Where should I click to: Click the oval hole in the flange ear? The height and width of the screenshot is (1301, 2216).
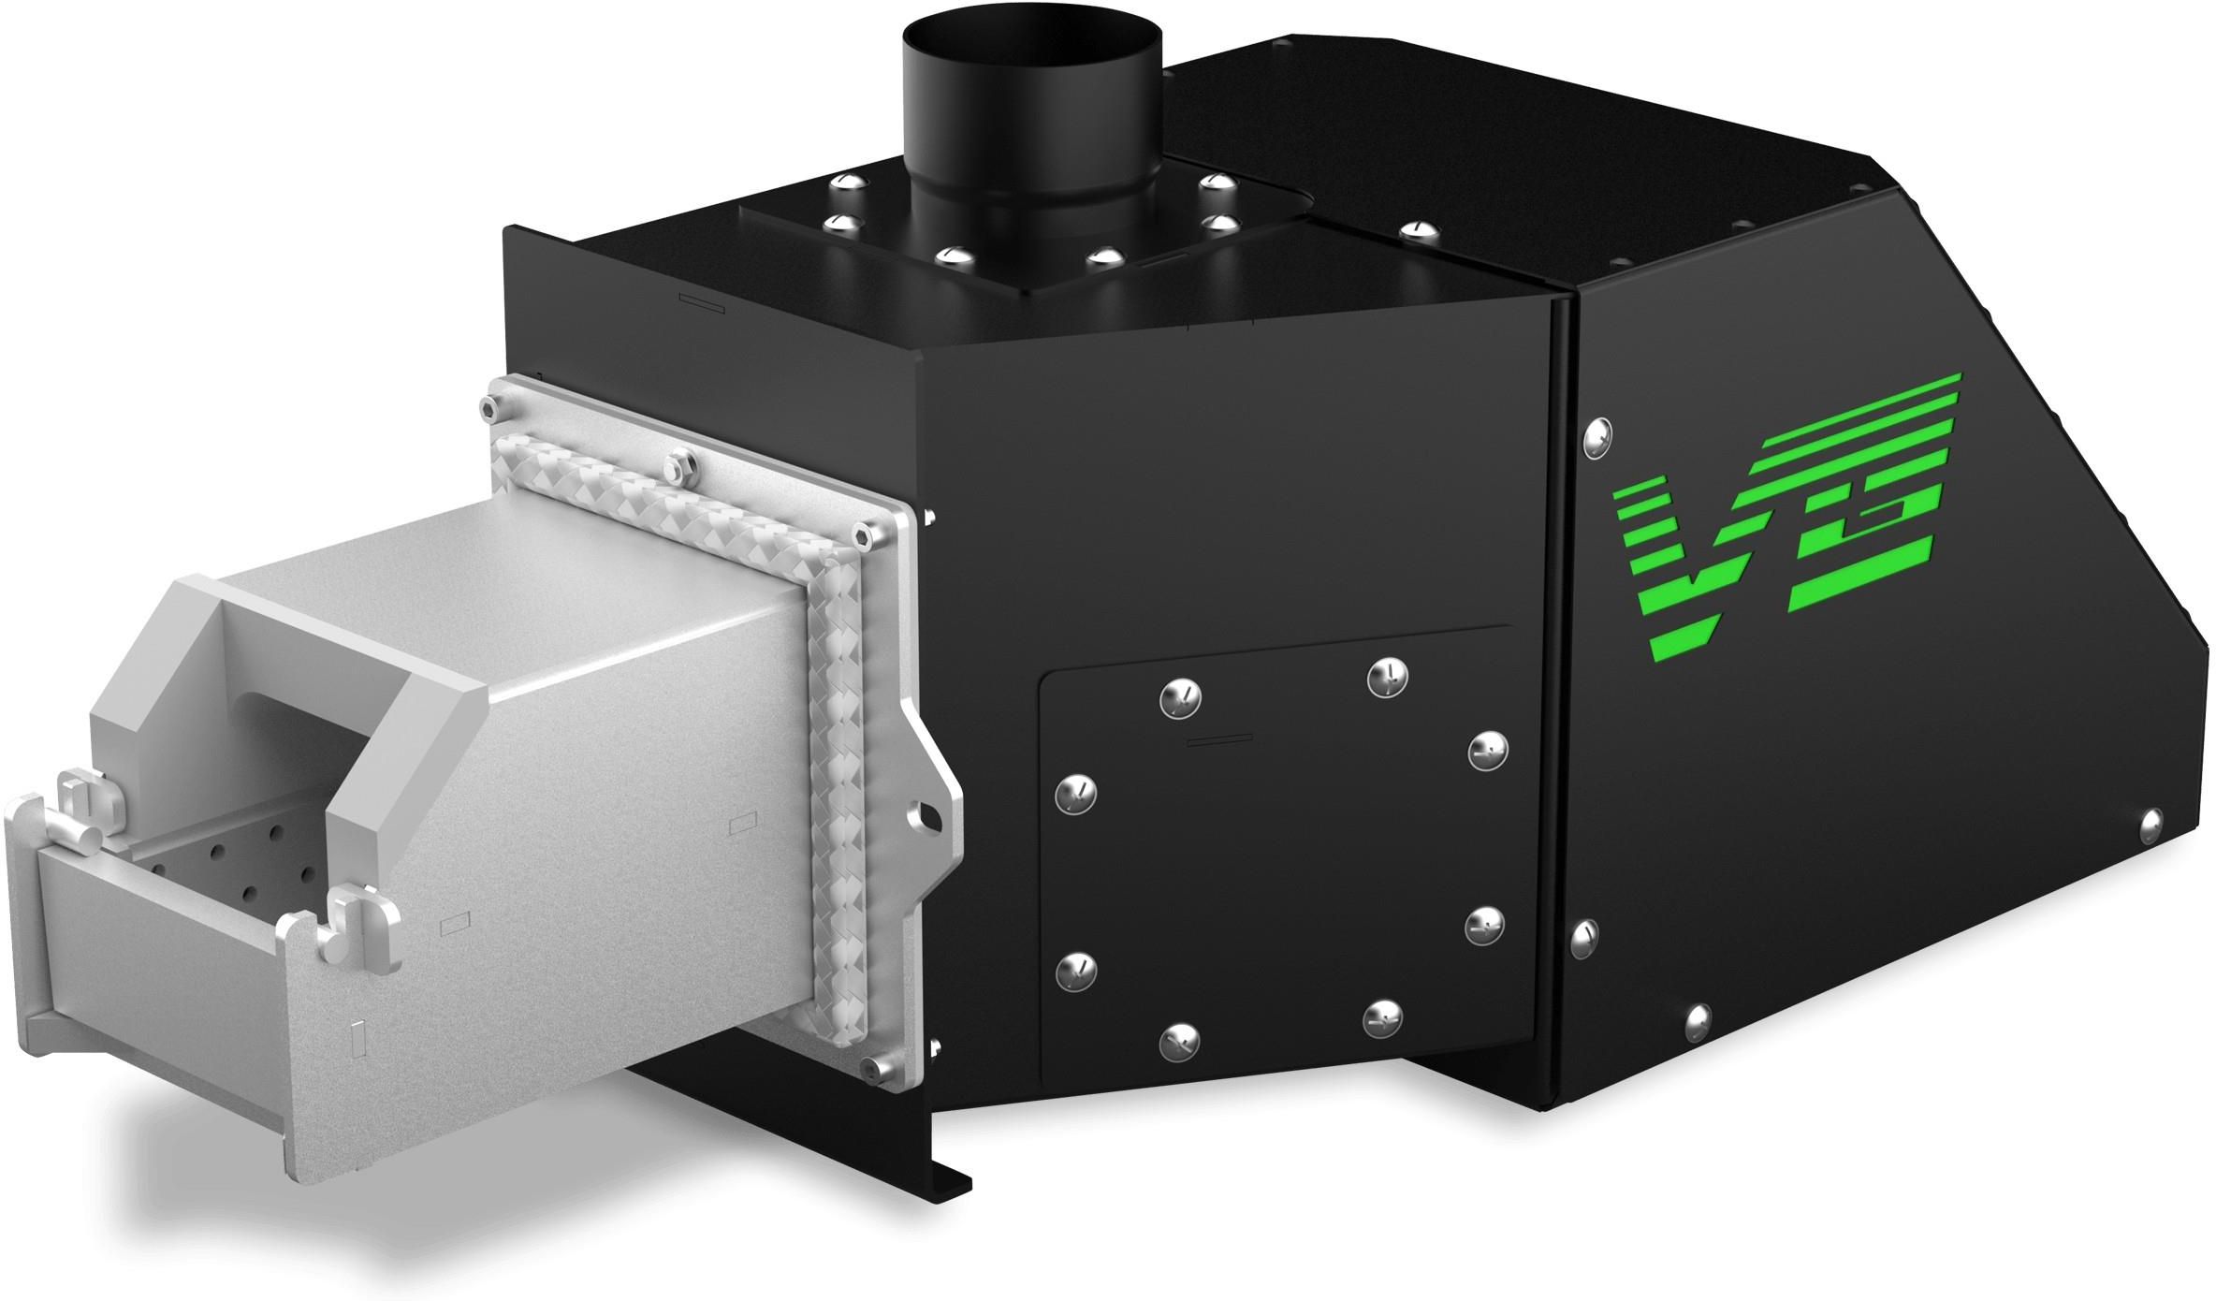coord(928,811)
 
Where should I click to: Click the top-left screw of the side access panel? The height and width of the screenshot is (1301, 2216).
coord(1180,697)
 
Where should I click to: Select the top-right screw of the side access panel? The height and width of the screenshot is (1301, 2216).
coord(1388,677)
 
